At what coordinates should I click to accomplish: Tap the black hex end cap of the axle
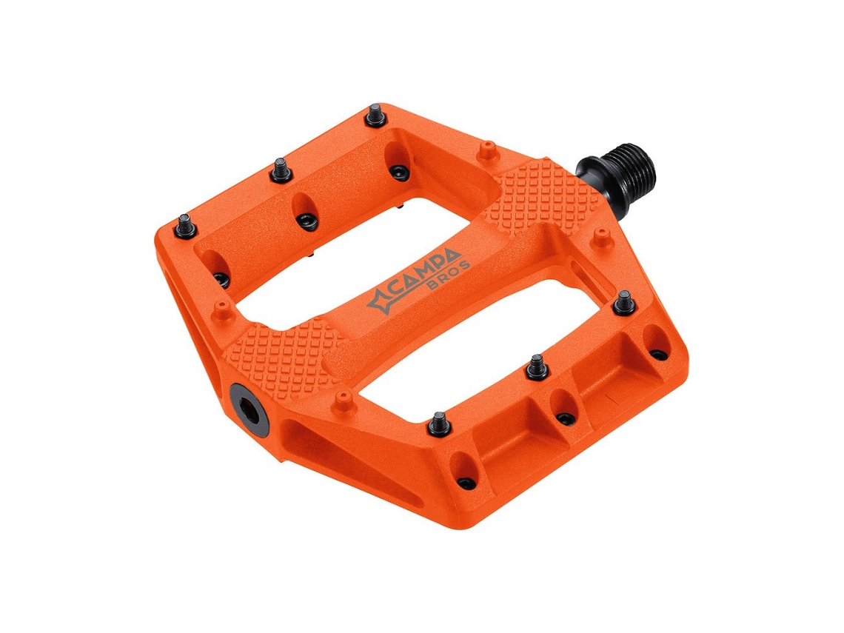(x=249, y=407)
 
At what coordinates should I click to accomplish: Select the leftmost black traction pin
(x=184, y=226)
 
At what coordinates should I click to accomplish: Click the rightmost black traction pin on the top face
(x=624, y=302)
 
